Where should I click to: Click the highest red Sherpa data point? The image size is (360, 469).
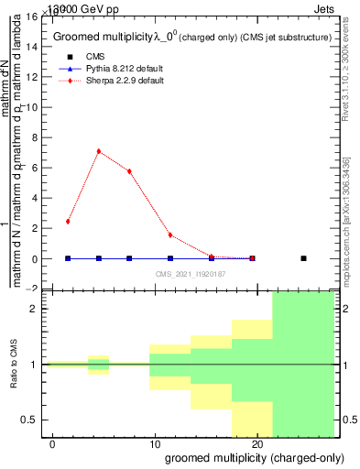(99, 151)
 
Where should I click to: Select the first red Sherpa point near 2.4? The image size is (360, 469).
(68, 222)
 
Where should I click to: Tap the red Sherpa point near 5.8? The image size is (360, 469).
(129, 171)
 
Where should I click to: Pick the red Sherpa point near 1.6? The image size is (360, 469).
(170, 235)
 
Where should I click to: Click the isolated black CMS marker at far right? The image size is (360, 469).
(303, 258)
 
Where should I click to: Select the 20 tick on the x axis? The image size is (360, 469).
(257, 444)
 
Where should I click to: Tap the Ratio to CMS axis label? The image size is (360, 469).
(14, 365)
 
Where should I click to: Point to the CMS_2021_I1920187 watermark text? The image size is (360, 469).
(191, 274)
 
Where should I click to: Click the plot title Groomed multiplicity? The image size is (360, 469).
(110, 36)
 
